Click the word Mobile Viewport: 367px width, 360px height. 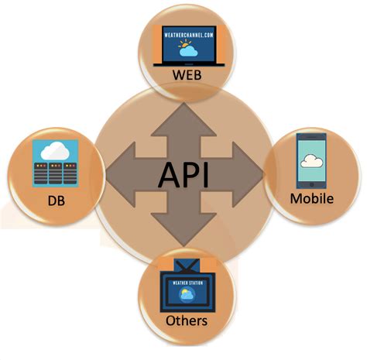[x=311, y=198]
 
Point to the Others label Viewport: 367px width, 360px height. [x=186, y=319]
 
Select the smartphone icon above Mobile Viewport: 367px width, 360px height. [x=311, y=159]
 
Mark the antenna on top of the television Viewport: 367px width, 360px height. [x=186, y=266]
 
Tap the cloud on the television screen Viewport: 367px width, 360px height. [x=187, y=297]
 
